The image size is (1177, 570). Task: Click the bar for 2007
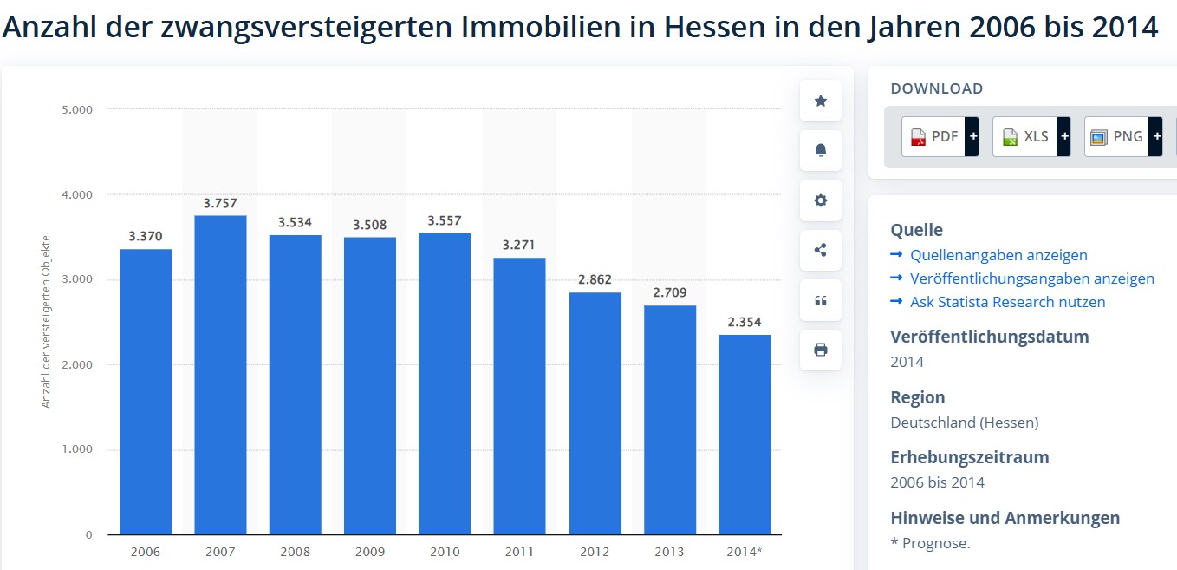[220, 375]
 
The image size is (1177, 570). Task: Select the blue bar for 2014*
[745, 435]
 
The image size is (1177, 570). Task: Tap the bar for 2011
[519, 396]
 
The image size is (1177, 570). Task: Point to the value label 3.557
[445, 221]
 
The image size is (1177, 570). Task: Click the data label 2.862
[595, 279]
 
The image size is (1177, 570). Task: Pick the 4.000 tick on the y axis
[77, 194]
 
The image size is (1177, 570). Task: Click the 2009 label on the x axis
[370, 552]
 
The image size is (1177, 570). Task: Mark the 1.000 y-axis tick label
[77, 449]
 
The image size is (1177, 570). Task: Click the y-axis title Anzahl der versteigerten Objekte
[46, 322]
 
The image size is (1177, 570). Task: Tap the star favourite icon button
[820, 101]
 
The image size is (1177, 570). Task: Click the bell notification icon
[820, 150]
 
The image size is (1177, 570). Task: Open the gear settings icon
[820, 200]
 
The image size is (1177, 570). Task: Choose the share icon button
[820, 250]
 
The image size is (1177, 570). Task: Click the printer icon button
[820, 351]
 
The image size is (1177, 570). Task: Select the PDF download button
[940, 137]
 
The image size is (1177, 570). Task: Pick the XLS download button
[1031, 137]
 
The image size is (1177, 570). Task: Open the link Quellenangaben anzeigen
[998, 255]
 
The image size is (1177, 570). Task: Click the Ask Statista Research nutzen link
[1008, 302]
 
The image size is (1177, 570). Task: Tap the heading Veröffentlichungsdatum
[990, 337]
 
